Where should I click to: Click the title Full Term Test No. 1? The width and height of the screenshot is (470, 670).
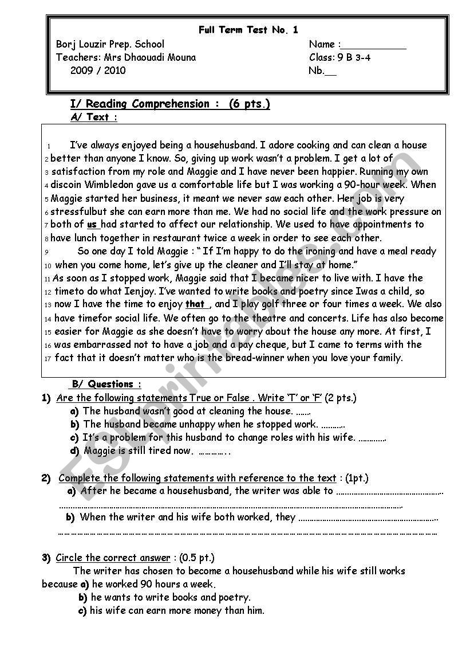pos(248,30)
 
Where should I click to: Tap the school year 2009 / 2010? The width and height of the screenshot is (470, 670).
pos(98,70)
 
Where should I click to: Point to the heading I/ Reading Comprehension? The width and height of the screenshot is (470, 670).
pos(140,104)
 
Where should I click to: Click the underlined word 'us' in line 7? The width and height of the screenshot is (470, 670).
pos(92,225)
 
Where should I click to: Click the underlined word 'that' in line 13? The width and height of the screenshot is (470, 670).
pos(195,304)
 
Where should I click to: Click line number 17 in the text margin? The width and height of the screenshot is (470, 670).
pos(48,358)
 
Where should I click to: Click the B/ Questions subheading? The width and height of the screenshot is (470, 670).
pos(106,384)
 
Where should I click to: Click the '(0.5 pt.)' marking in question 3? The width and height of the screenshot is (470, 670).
pos(197,558)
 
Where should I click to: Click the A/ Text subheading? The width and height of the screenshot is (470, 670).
pos(94,117)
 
